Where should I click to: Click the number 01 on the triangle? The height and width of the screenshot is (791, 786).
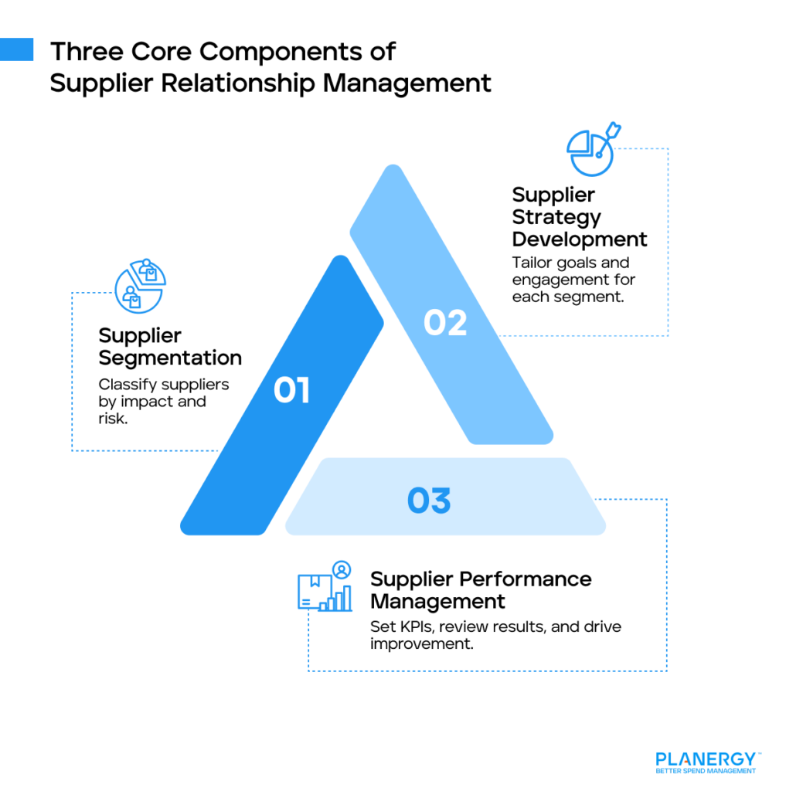(291, 391)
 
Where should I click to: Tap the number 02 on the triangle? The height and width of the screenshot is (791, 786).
(445, 322)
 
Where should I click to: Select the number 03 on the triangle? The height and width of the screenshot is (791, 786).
(429, 501)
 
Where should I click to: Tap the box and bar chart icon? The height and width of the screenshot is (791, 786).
(325, 586)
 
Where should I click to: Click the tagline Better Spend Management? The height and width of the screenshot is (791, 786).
(705, 771)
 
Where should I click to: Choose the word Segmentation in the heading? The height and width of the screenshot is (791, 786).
(170, 358)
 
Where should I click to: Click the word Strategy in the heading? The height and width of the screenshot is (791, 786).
(556, 217)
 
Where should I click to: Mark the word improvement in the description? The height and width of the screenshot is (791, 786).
(421, 643)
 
